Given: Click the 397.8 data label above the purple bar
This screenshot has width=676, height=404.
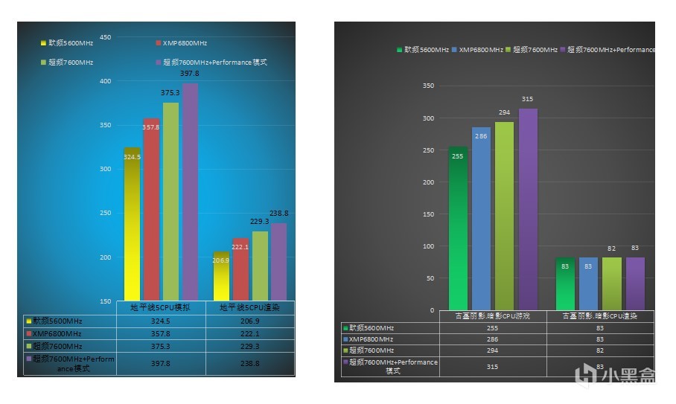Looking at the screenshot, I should (190, 74).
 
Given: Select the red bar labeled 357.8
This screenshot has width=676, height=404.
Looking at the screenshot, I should (151, 208).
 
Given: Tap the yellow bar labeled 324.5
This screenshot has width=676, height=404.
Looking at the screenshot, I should (132, 223).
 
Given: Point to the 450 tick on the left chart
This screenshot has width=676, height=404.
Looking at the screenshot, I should (105, 37).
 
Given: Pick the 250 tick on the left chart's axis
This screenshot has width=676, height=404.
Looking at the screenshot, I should (105, 214).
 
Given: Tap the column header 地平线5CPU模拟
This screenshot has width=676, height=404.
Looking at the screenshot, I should (160, 307).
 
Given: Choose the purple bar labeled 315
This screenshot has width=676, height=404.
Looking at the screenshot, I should (528, 208).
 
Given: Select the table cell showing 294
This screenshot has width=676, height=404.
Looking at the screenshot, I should (492, 350).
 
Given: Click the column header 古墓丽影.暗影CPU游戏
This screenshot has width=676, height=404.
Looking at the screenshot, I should (492, 316).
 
